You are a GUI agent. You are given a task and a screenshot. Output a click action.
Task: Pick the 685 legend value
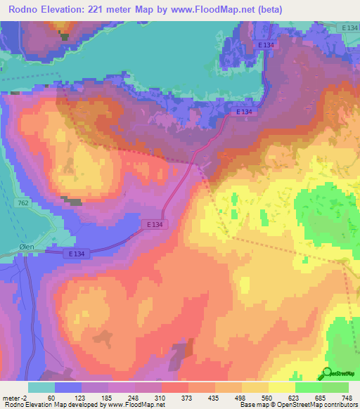tap(321, 397)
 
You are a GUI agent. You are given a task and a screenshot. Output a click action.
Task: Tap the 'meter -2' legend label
tap(15, 397)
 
